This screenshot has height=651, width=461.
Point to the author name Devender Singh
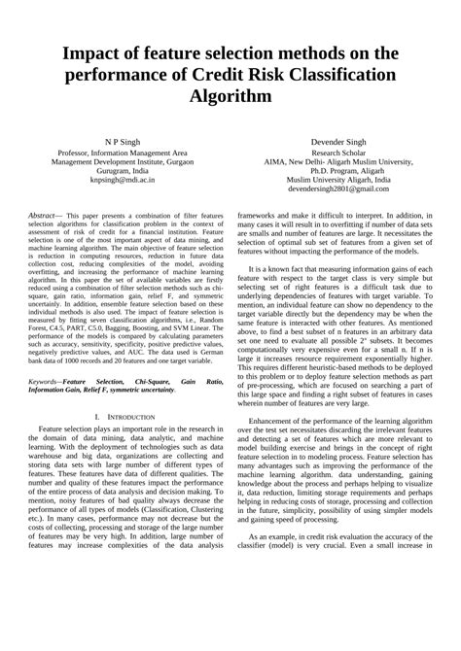337,142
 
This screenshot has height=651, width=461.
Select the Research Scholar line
337,153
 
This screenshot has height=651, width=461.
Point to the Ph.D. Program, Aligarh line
337,172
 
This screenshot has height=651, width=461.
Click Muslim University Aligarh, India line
337,182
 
